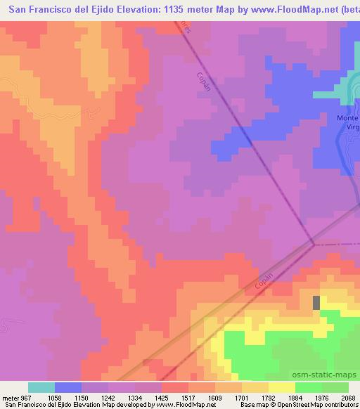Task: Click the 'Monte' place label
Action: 347,118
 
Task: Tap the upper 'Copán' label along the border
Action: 203,83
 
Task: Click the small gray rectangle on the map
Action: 316,302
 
